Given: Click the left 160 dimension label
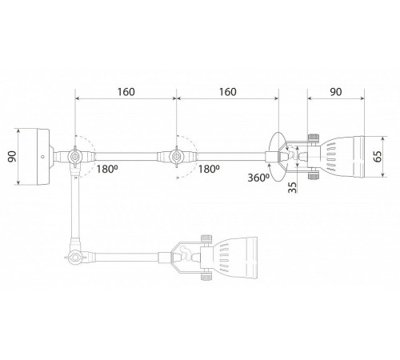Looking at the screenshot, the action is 126,92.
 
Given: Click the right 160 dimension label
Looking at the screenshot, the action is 228,92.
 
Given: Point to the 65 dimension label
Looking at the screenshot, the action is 378,157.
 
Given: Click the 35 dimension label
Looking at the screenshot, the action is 292,187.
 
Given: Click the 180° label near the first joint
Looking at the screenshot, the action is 107,169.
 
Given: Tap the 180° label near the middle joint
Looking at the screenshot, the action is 209,169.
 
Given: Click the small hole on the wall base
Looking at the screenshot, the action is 42,157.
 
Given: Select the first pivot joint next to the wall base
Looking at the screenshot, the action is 74,157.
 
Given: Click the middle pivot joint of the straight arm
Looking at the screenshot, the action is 176,157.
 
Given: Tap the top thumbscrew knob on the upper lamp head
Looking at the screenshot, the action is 314,138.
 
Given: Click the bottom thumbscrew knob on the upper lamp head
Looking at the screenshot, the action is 314,175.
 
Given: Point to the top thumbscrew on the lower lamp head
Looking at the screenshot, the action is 206,239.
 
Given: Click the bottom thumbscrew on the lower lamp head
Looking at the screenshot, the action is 206,276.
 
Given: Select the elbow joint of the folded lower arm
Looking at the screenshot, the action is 75,258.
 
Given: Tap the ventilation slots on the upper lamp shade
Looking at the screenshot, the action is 330,157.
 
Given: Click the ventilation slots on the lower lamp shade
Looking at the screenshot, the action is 224,258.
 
